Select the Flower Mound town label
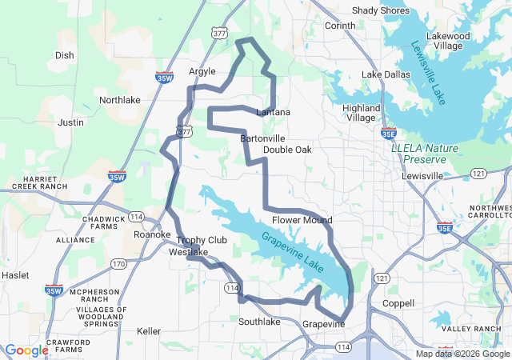coord(302,220)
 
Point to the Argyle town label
coord(202,71)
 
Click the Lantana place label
coord(273,112)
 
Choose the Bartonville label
coord(262,138)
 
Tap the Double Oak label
coord(287,150)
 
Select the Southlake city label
coord(259,322)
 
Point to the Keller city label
coord(149,331)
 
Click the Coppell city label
coord(398,304)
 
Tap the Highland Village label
coord(361,113)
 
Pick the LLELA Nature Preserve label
coord(425,153)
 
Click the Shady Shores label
coord(380,10)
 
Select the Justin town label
coord(70,122)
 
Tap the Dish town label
coord(64,55)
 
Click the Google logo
coord(26,350)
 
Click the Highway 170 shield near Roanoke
coord(118,263)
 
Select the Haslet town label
coord(14,274)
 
